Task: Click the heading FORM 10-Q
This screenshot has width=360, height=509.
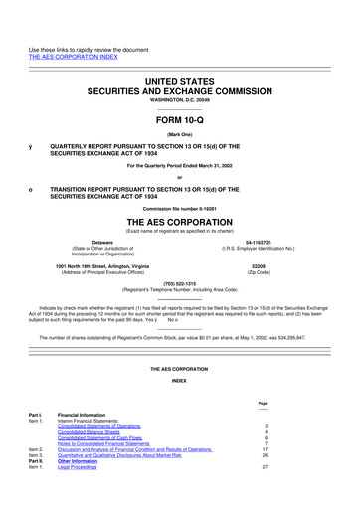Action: [179, 110]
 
